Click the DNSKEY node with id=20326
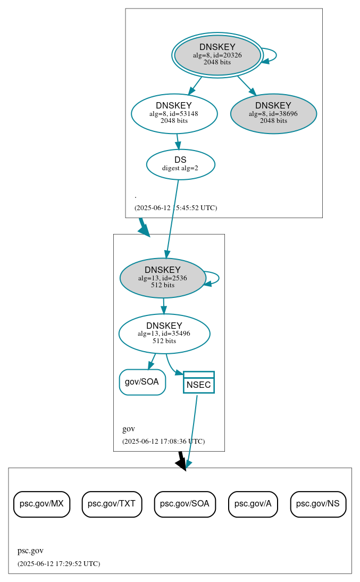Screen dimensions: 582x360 (x=217, y=55)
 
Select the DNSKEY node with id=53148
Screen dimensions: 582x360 (x=174, y=113)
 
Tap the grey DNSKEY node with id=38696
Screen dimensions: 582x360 (x=273, y=113)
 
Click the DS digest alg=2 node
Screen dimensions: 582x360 (x=180, y=164)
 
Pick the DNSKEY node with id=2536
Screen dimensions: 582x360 (x=163, y=278)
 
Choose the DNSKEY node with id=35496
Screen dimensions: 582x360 (x=164, y=334)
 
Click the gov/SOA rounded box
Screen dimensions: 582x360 (x=142, y=382)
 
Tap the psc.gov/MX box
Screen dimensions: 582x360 (x=41, y=504)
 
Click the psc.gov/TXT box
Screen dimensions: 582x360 (x=112, y=504)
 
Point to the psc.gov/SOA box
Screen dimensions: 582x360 (x=185, y=504)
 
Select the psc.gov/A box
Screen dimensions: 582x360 (x=253, y=504)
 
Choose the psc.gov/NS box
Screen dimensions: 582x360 (x=318, y=504)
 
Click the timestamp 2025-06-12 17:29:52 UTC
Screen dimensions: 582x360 (x=58, y=564)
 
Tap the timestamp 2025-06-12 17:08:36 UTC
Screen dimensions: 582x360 (x=163, y=442)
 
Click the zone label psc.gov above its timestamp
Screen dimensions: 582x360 (x=30, y=551)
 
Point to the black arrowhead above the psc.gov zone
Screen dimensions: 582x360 (x=182, y=464)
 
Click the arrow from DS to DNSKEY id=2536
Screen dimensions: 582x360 (x=172, y=218)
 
